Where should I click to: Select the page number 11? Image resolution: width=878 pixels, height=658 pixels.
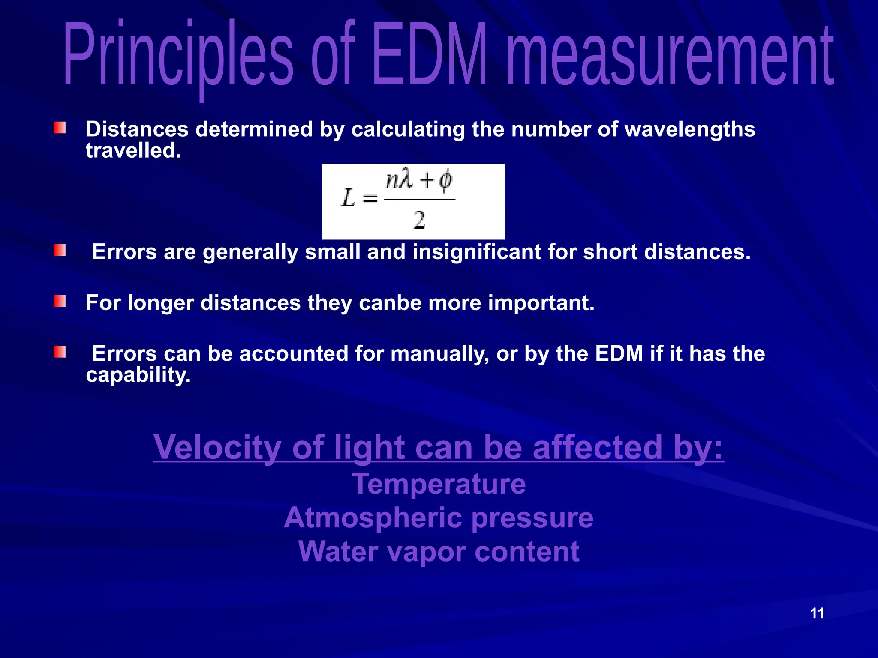pos(817,613)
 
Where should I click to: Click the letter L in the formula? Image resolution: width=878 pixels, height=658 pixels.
pos(348,198)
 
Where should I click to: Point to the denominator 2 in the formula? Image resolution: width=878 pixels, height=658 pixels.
pos(419,220)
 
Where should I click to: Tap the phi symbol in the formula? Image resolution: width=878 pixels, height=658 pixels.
pos(445,180)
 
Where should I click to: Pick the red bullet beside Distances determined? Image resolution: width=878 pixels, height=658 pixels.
pos(60,128)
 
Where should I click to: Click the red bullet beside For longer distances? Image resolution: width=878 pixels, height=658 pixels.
pos(60,301)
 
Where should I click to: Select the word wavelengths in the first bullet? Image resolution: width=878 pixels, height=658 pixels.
pos(690,129)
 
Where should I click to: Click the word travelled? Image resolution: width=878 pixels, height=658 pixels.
pos(133,151)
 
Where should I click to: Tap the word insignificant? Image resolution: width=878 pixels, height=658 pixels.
pos(476,252)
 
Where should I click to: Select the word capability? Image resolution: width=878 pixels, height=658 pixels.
pos(138,375)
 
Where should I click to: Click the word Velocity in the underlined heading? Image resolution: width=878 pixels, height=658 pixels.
pos(217,447)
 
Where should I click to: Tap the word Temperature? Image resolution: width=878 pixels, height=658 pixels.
pos(439,484)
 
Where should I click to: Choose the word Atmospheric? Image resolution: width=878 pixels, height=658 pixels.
pos(373,518)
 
